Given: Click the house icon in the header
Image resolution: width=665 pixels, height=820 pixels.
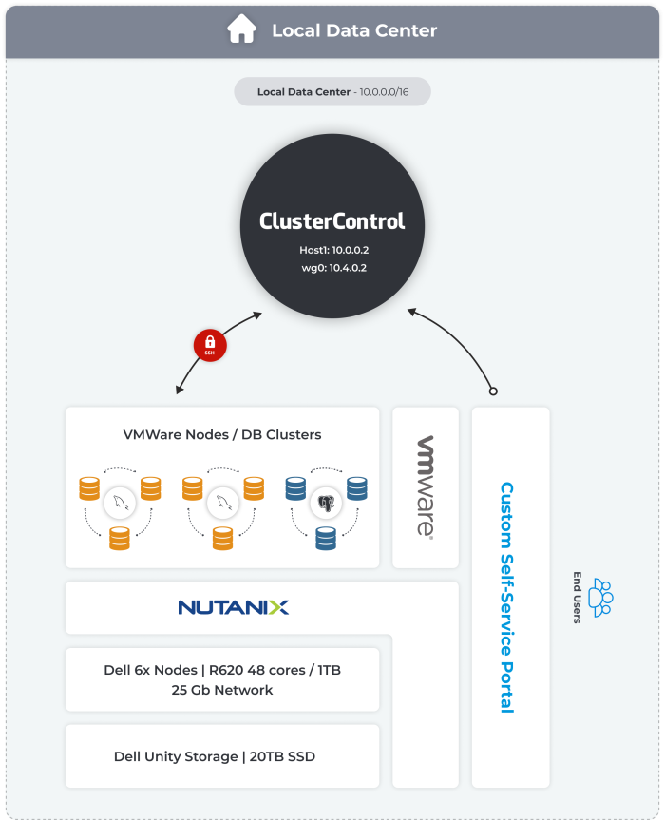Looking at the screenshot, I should point(241,29).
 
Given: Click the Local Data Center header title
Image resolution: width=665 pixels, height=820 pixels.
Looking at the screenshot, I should point(354,30).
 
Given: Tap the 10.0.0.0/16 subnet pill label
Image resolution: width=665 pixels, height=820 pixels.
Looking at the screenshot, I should point(332,92).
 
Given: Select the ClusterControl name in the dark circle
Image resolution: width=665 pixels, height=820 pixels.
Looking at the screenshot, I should point(332,221).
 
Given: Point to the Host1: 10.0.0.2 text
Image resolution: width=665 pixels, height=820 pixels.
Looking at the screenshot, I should point(332,250).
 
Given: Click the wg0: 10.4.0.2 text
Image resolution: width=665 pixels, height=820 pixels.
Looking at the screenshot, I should point(332,268).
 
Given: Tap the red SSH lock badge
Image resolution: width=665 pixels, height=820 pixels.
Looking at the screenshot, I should point(210,345).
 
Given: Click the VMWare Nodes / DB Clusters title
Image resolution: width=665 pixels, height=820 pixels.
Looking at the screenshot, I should point(222,435).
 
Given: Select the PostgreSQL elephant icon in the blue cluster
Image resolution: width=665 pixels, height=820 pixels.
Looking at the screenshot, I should point(326,502).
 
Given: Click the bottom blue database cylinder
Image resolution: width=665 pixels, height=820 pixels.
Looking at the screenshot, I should point(326,539).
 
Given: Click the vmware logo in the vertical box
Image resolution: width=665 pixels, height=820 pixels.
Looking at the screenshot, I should point(426,487).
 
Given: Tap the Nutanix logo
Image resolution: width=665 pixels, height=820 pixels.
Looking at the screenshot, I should point(234,607).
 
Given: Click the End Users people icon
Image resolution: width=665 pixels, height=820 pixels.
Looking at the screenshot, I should point(600,598).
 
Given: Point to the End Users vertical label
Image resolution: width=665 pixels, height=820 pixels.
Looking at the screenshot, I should point(577,598).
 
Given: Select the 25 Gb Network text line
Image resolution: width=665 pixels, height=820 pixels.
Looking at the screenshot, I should point(222,690).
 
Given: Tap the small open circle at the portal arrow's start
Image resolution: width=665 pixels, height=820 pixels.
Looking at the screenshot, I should point(492,391).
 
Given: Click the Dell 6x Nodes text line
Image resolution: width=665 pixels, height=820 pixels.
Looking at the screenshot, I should point(222,670).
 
